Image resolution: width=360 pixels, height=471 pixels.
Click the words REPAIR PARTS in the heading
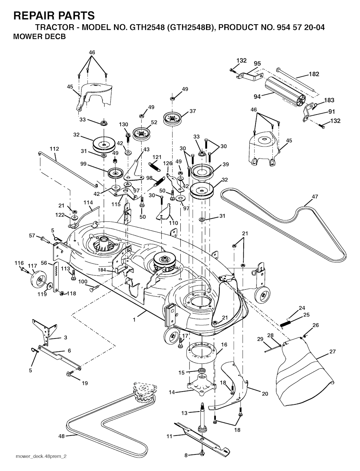point(54,15)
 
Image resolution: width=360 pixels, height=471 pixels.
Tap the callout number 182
point(314,74)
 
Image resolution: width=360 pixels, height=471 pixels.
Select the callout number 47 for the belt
point(315,197)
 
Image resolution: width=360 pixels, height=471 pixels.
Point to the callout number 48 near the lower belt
point(62,436)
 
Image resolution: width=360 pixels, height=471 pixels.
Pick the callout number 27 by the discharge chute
point(333,351)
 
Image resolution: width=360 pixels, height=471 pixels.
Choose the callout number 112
point(54,149)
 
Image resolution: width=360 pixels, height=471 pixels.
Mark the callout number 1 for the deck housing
point(134,320)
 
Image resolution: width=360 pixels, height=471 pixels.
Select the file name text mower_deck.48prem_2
point(41,456)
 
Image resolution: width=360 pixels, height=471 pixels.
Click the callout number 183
point(329,100)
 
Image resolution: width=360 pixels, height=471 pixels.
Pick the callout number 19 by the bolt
point(85,383)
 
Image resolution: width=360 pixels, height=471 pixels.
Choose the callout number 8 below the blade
point(186,455)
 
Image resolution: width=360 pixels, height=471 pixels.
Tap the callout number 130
point(123,124)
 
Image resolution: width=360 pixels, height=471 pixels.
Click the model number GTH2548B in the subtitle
point(192,28)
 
